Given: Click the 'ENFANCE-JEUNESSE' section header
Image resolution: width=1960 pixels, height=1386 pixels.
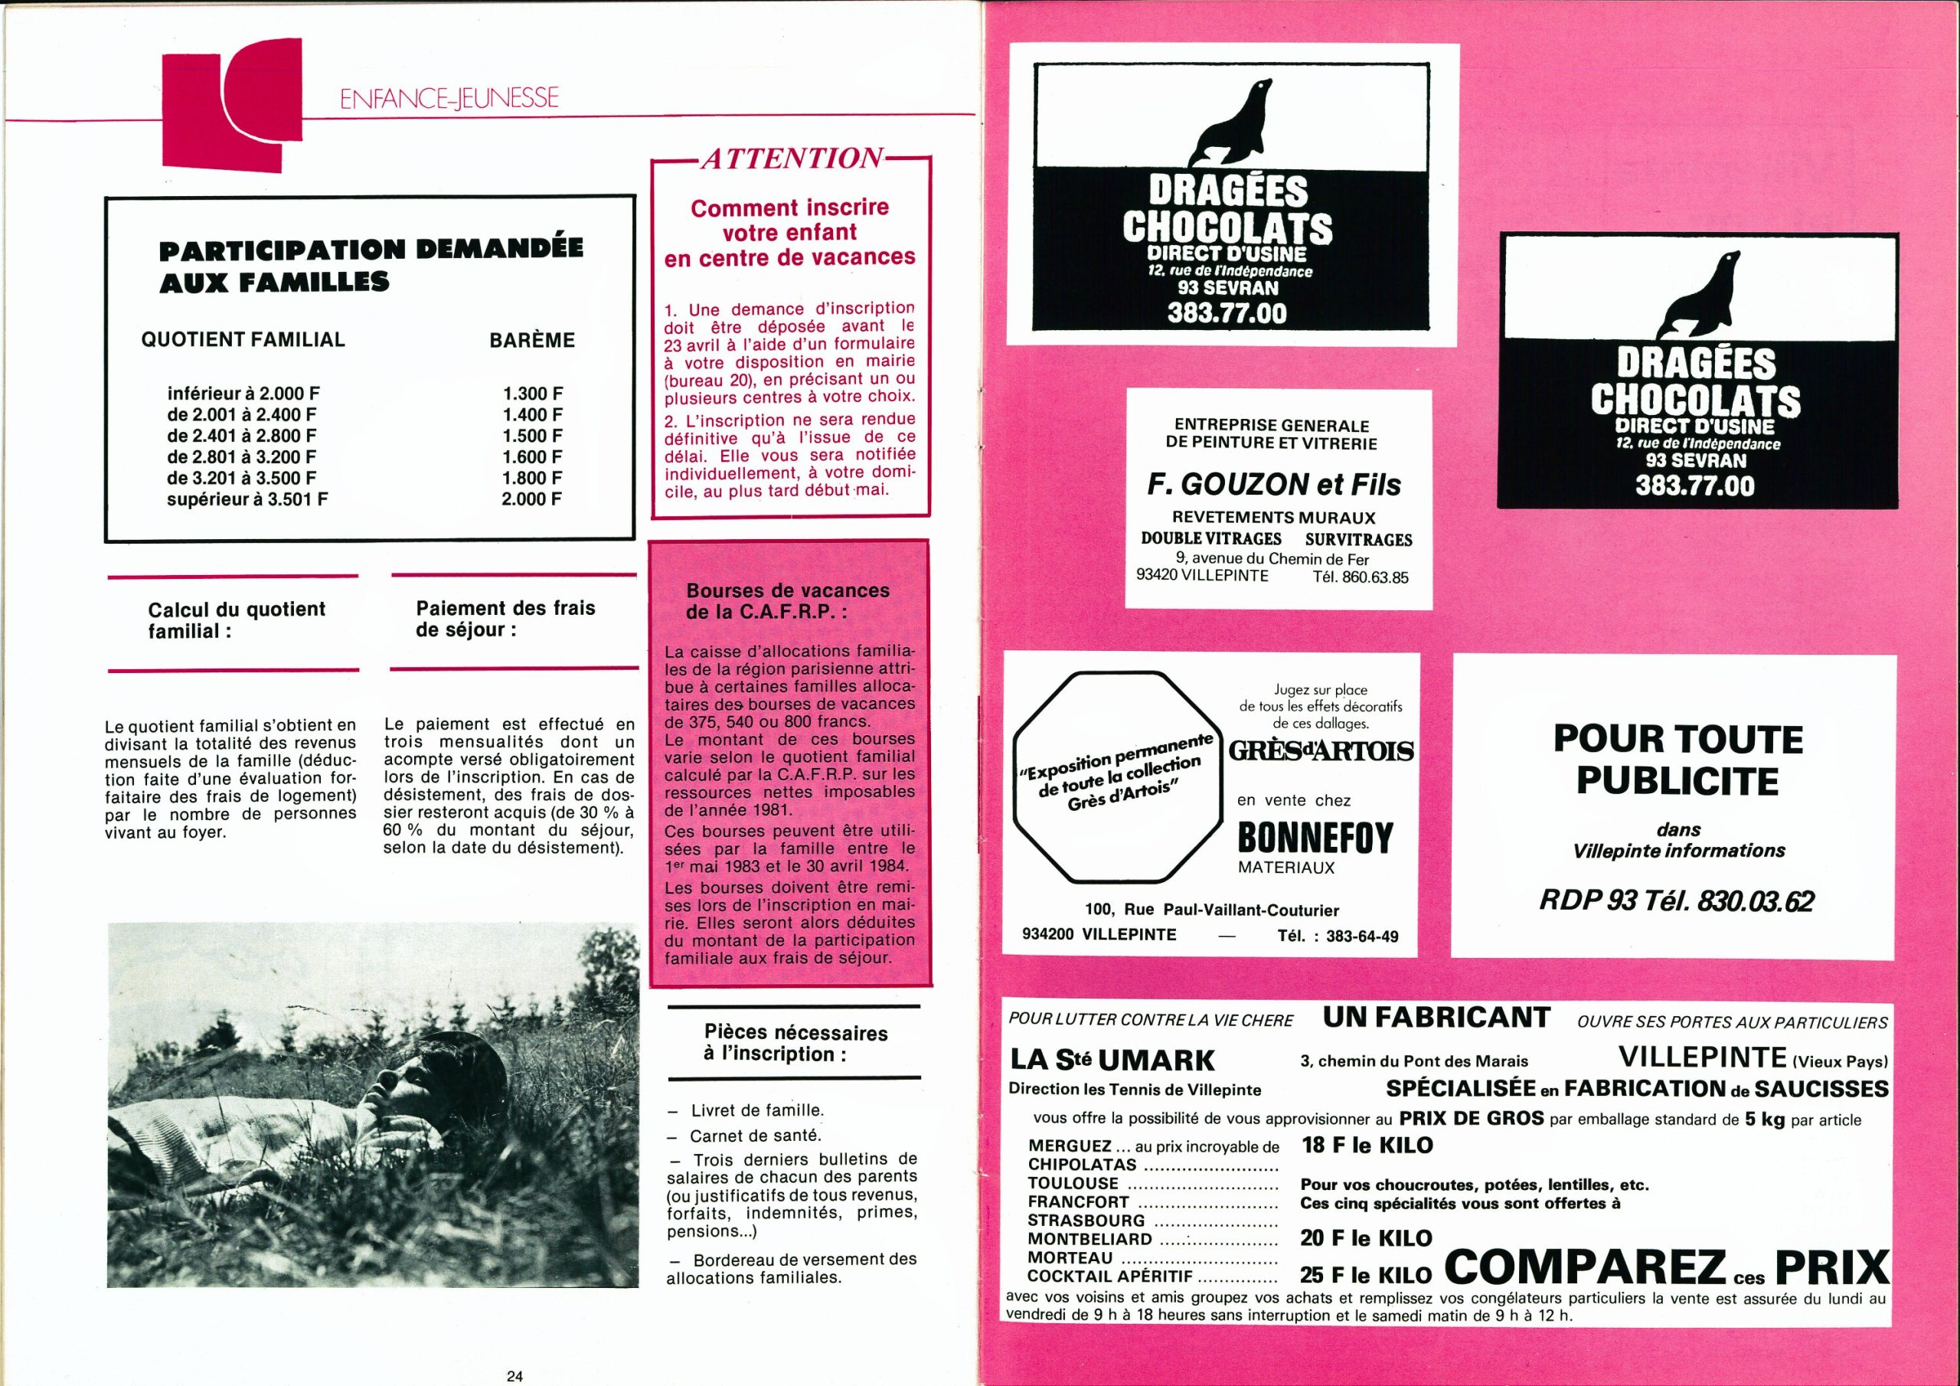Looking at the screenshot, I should click(449, 99).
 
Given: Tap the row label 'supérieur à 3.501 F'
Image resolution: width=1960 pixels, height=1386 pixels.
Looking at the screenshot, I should click(247, 499).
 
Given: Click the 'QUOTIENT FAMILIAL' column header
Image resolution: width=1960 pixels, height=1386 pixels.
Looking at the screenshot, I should click(243, 340).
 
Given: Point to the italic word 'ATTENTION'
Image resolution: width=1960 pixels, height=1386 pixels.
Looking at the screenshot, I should click(792, 159).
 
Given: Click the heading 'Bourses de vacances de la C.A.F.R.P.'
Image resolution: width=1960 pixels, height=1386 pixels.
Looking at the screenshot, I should click(787, 601).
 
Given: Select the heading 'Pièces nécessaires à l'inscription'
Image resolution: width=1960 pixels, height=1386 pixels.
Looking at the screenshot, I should click(795, 1043).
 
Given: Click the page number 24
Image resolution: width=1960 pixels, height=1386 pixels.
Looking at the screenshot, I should click(514, 1376).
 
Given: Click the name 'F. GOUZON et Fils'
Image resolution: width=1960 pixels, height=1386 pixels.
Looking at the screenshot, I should click(1274, 485).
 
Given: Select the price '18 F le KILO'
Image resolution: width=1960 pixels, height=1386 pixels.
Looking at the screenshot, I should click(1367, 1146).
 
